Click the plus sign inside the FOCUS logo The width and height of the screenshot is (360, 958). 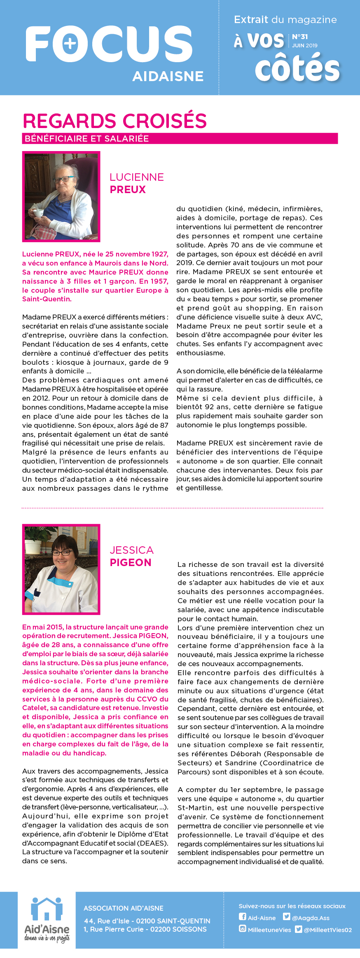[70, 44]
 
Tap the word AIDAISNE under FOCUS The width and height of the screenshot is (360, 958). [168, 76]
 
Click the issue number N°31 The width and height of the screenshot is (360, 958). [300, 37]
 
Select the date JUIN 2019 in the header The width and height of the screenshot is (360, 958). [305, 46]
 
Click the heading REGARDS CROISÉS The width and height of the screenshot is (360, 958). [115, 121]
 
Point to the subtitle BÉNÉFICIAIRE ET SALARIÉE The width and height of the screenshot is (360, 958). [86, 139]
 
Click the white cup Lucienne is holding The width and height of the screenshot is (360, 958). [38, 212]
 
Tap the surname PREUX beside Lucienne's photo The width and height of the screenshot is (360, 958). [128, 190]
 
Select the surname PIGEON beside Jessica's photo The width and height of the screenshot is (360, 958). [131, 563]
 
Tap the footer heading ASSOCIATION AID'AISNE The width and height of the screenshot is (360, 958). [124, 908]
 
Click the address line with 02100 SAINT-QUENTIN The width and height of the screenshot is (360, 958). [147, 921]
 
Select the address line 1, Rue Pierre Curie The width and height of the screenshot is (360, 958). [145, 929]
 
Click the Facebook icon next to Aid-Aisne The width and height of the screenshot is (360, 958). [243, 917]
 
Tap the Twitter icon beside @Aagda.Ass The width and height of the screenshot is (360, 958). [287, 917]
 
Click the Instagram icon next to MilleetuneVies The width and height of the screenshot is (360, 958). [243, 929]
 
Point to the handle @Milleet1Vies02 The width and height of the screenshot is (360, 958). [327, 930]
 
